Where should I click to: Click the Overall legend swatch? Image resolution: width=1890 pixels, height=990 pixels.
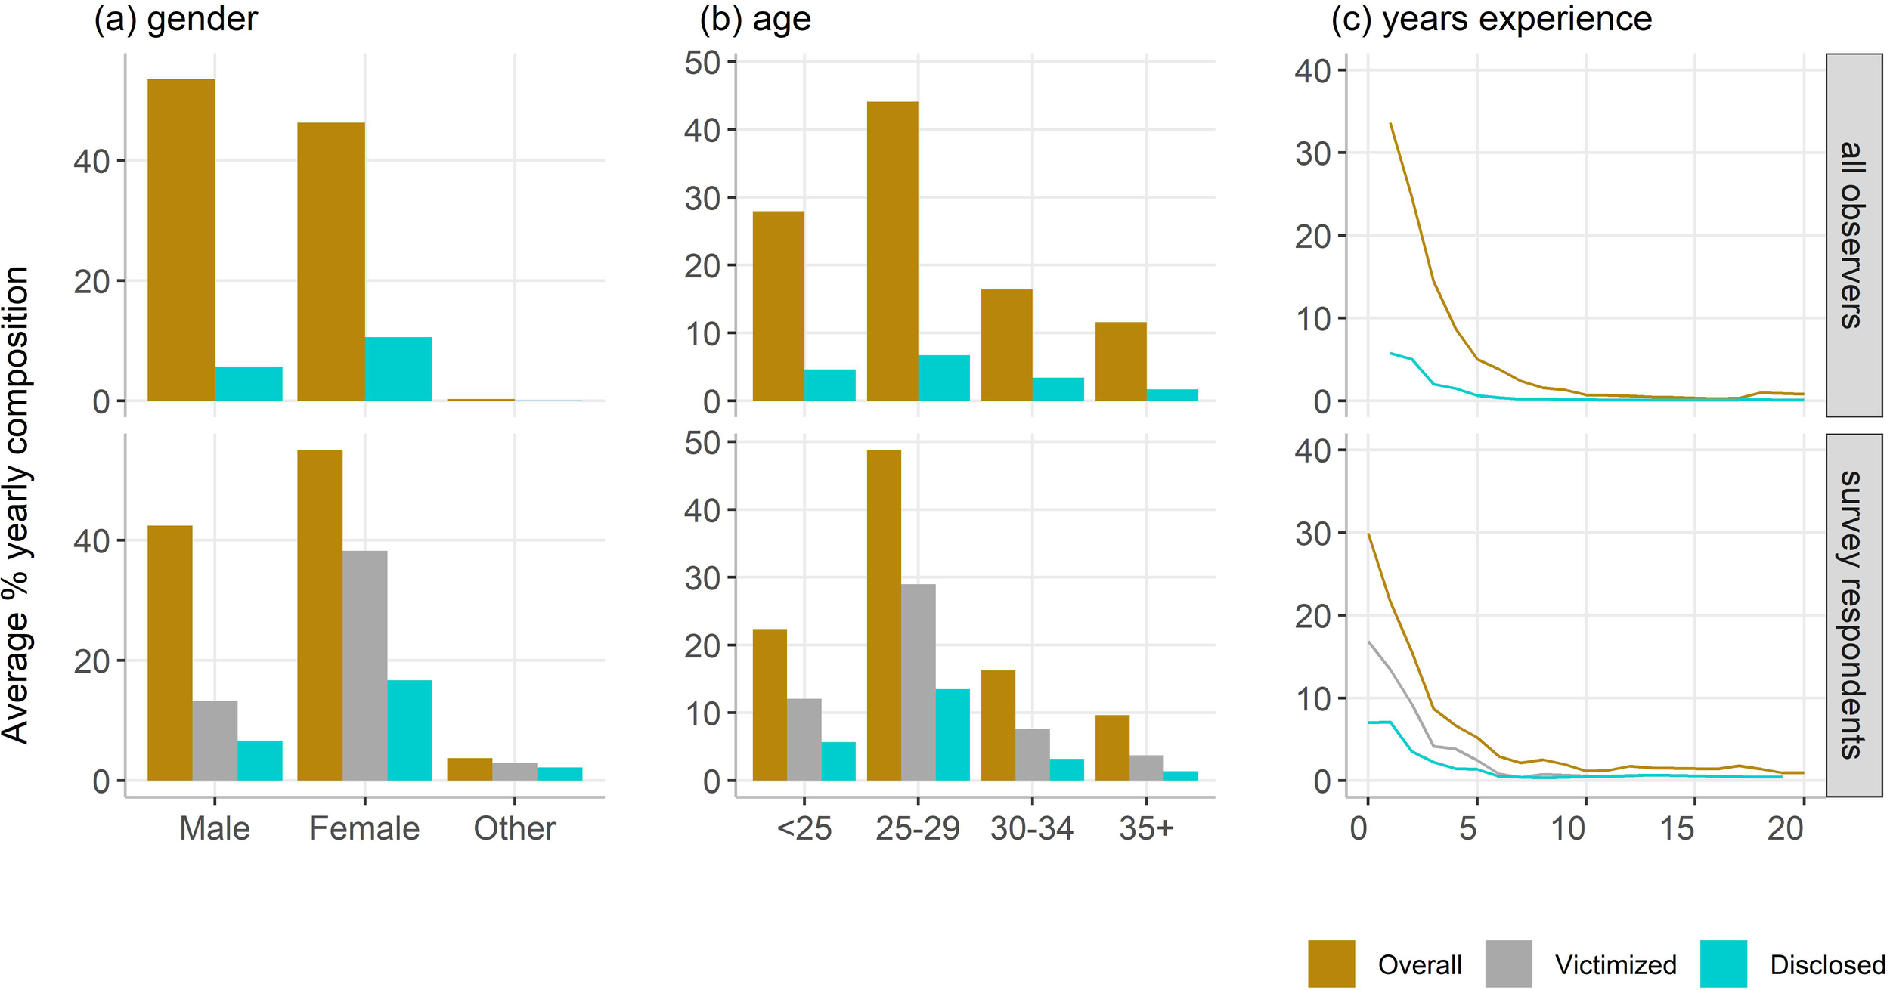(x=1331, y=964)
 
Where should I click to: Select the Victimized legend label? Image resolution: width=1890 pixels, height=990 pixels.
(x=1616, y=965)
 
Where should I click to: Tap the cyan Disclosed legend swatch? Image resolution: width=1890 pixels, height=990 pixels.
(x=1723, y=964)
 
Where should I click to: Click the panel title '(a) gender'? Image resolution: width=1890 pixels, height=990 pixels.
(x=175, y=19)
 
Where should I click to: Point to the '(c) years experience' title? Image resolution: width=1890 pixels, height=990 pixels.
(x=1491, y=19)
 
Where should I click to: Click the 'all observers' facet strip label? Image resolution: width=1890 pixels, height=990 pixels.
(x=1853, y=234)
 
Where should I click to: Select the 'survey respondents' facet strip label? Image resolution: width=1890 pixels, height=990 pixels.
(x=1853, y=614)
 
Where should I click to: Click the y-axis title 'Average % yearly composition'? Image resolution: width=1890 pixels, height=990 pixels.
(x=17, y=505)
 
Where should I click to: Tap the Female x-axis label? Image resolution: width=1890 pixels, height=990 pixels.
(x=364, y=829)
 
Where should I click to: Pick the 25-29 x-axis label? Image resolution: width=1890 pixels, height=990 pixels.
(x=917, y=829)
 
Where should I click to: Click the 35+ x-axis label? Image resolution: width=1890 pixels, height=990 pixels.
(x=1146, y=829)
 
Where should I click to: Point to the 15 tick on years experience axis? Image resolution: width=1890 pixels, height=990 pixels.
(x=1677, y=829)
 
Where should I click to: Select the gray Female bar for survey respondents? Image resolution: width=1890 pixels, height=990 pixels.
(x=364, y=665)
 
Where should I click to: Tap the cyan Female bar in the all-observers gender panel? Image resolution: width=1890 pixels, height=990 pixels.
(x=398, y=369)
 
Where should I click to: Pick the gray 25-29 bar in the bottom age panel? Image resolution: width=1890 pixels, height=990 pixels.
(x=918, y=682)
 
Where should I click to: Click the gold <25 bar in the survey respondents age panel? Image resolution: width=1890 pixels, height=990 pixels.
(x=770, y=704)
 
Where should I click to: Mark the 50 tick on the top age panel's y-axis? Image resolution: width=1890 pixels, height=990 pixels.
(x=702, y=62)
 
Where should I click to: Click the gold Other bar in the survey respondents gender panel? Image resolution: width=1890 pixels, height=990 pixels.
(x=469, y=769)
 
